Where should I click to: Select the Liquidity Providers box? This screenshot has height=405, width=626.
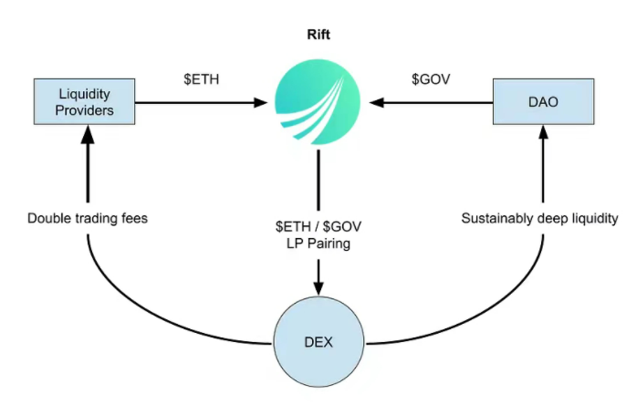click(x=86, y=102)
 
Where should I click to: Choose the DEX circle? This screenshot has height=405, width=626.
click(x=318, y=343)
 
